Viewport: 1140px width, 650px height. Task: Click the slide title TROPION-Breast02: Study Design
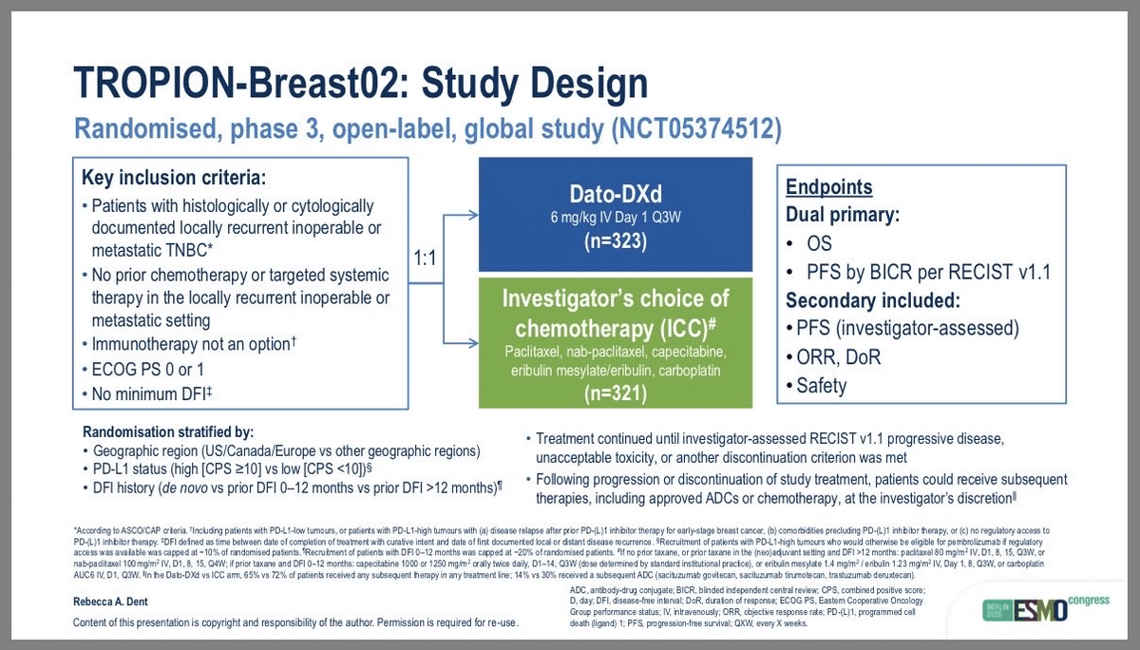click(x=361, y=85)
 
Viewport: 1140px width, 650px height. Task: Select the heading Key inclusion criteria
click(x=174, y=178)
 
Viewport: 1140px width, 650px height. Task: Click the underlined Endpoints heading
click(x=828, y=188)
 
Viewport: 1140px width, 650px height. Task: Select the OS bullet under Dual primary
click(x=818, y=244)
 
